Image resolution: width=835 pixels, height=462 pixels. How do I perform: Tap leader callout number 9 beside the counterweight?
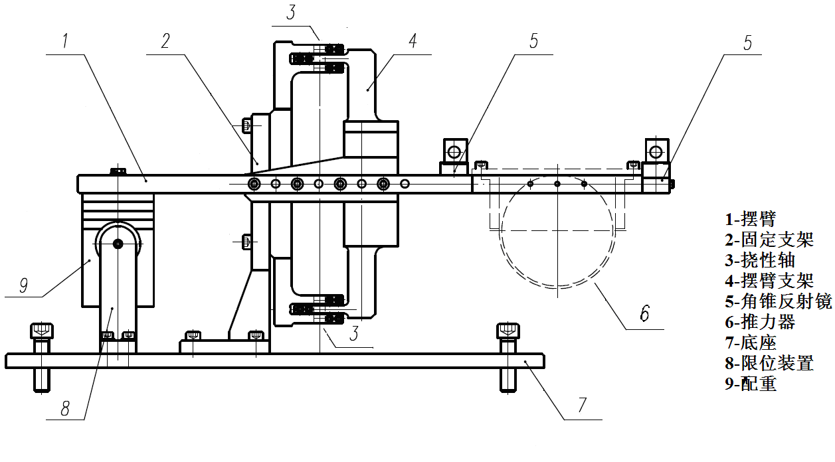tap(23, 285)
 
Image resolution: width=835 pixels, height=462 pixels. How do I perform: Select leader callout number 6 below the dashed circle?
tap(644, 313)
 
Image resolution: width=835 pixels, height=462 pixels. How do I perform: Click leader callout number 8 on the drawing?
tap(65, 408)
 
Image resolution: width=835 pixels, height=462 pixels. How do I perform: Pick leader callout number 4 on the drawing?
tap(412, 41)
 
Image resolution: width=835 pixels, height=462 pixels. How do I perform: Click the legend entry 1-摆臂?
tap(750, 218)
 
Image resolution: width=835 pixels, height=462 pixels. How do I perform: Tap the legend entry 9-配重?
tap(750, 384)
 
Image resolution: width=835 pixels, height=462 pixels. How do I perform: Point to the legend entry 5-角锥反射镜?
tap(777, 301)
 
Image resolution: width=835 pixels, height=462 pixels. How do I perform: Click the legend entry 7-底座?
tap(750, 343)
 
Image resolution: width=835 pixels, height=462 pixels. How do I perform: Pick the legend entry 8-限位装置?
tap(768, 363)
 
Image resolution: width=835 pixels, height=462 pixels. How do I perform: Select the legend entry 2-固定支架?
tap(768, 239)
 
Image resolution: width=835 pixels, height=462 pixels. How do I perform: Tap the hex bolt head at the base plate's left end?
tap(42, 330)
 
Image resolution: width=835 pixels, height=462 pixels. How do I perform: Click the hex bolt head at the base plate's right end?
tap(508, 330)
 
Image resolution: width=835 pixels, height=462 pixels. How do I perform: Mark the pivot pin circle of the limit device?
tap(118, 244)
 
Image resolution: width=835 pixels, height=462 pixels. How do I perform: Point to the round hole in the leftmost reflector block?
tap(454, 152)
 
